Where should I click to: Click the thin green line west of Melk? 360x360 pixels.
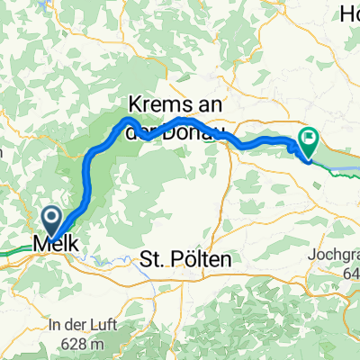pyautogui.click(x=18, y=242)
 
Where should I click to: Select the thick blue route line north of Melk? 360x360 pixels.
pyautogui.click(x=87, y=175)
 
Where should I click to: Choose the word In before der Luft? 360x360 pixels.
pyautogui.click(x=56, y=324)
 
